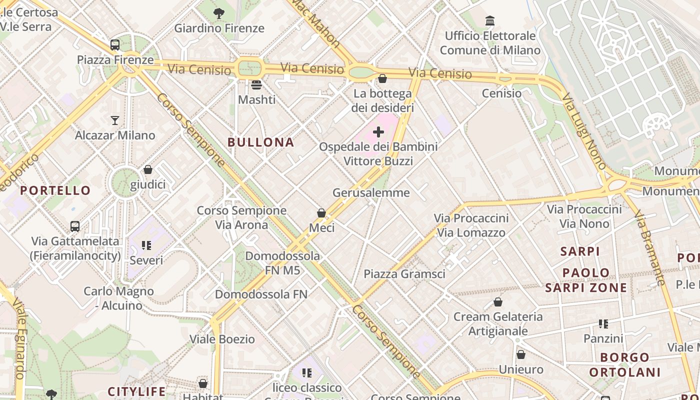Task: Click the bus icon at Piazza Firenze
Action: click(115, 45)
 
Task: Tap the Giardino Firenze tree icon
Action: click(219, 13)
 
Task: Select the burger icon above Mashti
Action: click(256, 84)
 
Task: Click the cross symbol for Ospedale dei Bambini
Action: click(378, 132)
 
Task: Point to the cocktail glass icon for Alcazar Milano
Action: click(115, 120)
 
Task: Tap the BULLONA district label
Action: click(261, 142)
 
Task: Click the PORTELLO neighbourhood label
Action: click(55, 190)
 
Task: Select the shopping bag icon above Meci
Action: click(321, 213)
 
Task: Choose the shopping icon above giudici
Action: click(148, 170)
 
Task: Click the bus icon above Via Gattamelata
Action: click(75, 226)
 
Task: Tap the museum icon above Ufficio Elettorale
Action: click(490, 21)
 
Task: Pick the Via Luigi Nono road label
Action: click(584, 132)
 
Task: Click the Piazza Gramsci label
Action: click(404, 274)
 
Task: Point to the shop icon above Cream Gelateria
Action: click(498, 302)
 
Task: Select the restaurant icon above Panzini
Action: click(603, 324)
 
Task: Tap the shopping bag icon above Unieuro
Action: click(521, 354)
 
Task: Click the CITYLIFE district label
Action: click(137, 391)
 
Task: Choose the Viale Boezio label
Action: click(222, 339)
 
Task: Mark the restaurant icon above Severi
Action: click(146, 245)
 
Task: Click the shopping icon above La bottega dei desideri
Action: click(382, 78)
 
